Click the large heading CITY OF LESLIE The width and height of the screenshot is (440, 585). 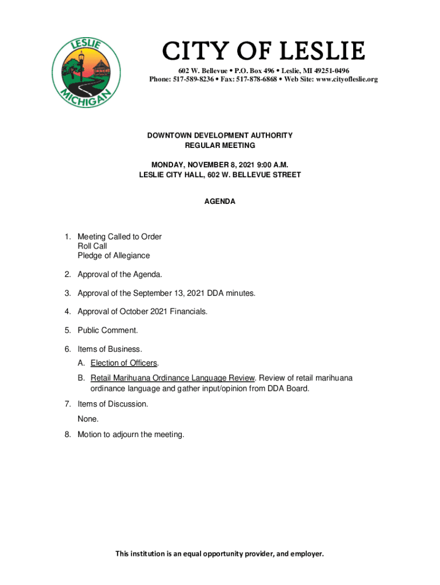[263, 52]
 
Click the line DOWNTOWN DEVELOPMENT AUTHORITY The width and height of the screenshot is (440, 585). [220, 135]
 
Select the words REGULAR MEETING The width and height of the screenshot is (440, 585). [220, 146]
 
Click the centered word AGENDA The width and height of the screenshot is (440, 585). [220, 202]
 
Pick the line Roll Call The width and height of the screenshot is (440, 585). [92, 246]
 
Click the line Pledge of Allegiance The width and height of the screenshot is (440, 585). [114, 255]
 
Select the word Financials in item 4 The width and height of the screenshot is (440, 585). [186, 311]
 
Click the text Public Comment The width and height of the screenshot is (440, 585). [107, 330]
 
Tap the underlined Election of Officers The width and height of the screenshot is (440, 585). [123, 363]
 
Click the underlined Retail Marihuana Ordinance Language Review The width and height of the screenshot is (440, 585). [172, 378]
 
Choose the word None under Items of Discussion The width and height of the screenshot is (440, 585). [89, 419]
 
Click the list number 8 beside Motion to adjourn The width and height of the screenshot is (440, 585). [67, 435]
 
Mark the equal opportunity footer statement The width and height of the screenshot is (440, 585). [220, 554]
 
